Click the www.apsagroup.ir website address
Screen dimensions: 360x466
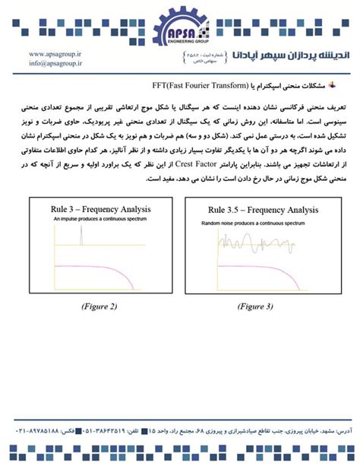(x=55, y=55)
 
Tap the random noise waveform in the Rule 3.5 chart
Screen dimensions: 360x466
(x=258, y=243)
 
